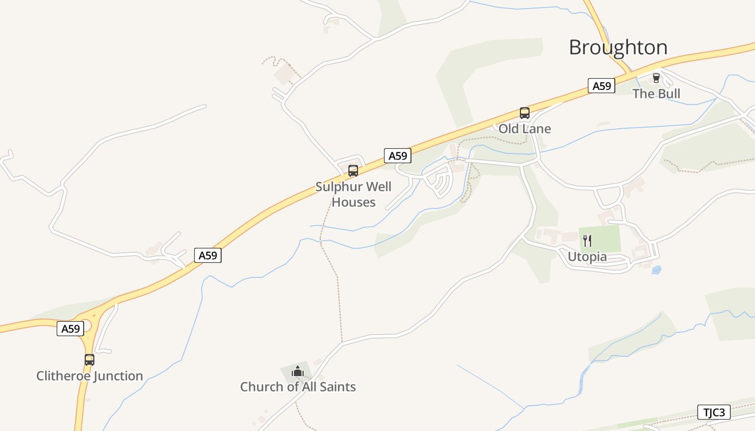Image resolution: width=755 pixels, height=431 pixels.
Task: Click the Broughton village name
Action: (618, 47)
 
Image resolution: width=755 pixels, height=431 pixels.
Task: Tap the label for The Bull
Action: (656, 94)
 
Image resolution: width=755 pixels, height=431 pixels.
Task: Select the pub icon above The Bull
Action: (656, 78)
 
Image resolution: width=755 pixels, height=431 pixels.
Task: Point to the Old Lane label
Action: (525, 129)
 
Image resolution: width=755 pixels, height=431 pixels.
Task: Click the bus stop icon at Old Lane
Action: (525, 113)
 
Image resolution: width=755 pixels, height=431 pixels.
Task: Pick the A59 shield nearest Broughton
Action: (601, 86)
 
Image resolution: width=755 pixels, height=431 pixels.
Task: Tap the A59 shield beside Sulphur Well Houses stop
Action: (397, 156)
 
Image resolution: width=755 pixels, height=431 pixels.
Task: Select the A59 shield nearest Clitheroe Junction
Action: (71, 329)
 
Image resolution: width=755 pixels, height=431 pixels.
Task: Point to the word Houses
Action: (353, 203)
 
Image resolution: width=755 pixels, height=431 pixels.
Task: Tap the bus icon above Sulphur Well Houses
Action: (353, 171)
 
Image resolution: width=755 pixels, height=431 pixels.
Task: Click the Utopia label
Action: (587, 257)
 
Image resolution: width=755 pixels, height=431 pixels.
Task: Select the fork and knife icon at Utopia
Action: (587, 241)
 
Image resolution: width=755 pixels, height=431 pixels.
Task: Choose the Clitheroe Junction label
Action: (90, 376)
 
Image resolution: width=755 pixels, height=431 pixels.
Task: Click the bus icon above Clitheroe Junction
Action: (90, 360)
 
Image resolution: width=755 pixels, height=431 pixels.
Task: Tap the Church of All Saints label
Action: (298, 387)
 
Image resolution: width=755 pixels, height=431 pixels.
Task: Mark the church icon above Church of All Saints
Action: (298, 371)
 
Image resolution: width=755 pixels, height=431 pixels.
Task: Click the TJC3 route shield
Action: (715, 413)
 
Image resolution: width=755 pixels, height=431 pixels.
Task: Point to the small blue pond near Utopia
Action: (656, 270)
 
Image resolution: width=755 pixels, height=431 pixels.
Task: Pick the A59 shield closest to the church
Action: (208, 255)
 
